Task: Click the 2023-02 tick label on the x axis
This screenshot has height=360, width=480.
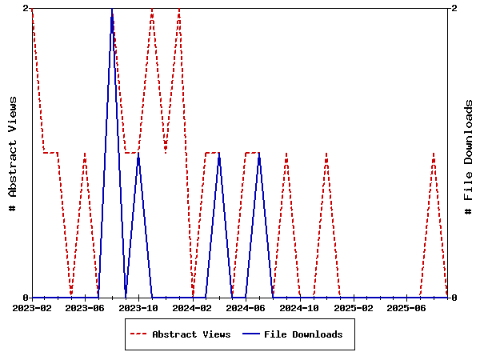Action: pos(32,307)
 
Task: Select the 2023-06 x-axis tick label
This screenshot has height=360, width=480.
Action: pos(86,307)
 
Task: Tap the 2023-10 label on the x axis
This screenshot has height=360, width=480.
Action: pos(139,307)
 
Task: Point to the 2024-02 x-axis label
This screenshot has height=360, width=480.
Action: pos(193,307)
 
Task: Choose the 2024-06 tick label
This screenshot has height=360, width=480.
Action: pos(246,307)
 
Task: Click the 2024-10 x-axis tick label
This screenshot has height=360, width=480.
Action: pos(300,307)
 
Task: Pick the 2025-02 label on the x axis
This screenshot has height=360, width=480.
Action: pos(354,307)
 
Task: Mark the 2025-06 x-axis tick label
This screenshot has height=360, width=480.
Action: pos(407,307)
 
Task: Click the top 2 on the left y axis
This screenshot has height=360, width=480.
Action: pos(26,8)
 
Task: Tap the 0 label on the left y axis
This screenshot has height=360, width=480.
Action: pos(26,298)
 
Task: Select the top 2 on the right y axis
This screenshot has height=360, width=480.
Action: pos(454,8)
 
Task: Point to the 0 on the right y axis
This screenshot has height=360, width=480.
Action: pos(454,298)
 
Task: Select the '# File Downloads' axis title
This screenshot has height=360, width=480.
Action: pos(469,157)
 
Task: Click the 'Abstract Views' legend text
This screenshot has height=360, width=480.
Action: pos(191,334)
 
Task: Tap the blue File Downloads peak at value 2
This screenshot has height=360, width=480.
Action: pos(112,9)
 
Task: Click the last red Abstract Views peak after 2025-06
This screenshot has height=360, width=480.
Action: pos(434,153)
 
